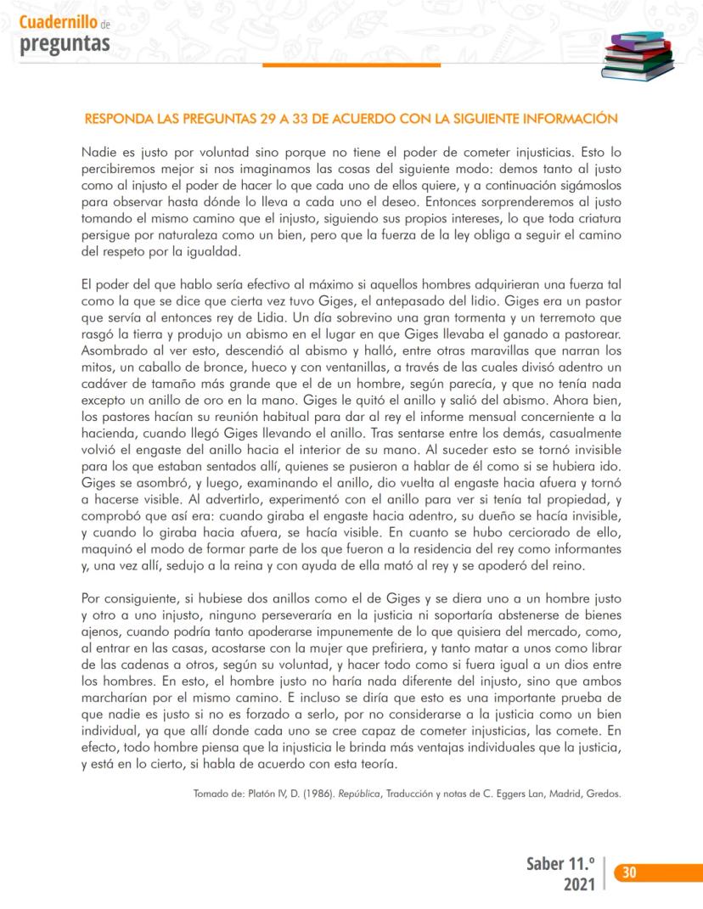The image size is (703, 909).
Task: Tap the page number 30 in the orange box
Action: pyautogui.click(x=630, y=872)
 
